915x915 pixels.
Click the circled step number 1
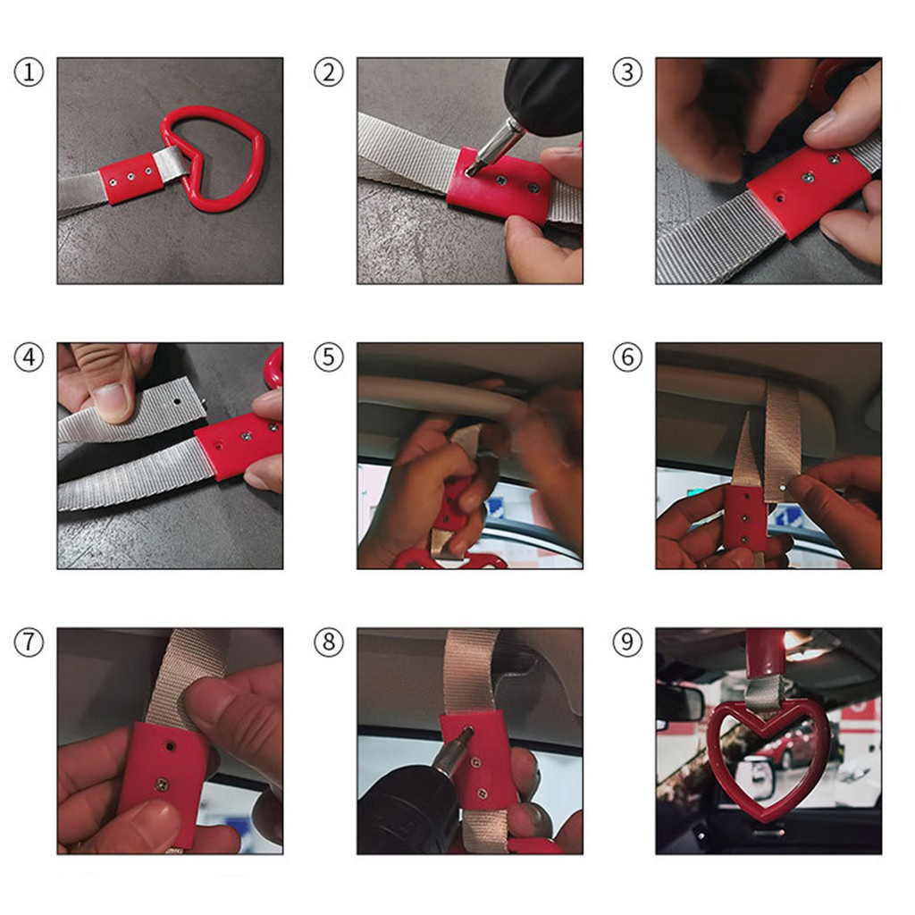(x=29, y=72)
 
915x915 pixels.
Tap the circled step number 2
(x=329, y=72)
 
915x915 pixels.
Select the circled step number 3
(x=627, y=72)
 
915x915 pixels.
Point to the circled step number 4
(x=29, y=357)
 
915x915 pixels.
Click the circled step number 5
(x=329, y=357)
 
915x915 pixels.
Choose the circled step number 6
(x=627, y=357)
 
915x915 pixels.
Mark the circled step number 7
(x=29, y=642)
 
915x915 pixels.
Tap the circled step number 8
(x=329, y=642)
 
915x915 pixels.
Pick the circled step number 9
(x=627, y=642)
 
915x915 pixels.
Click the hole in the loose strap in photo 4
(x=178, y=402)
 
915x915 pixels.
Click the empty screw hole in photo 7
(x=169, y=746)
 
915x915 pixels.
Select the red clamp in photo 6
(x=744, y=517)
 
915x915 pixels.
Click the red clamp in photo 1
(x=131, y=177)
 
